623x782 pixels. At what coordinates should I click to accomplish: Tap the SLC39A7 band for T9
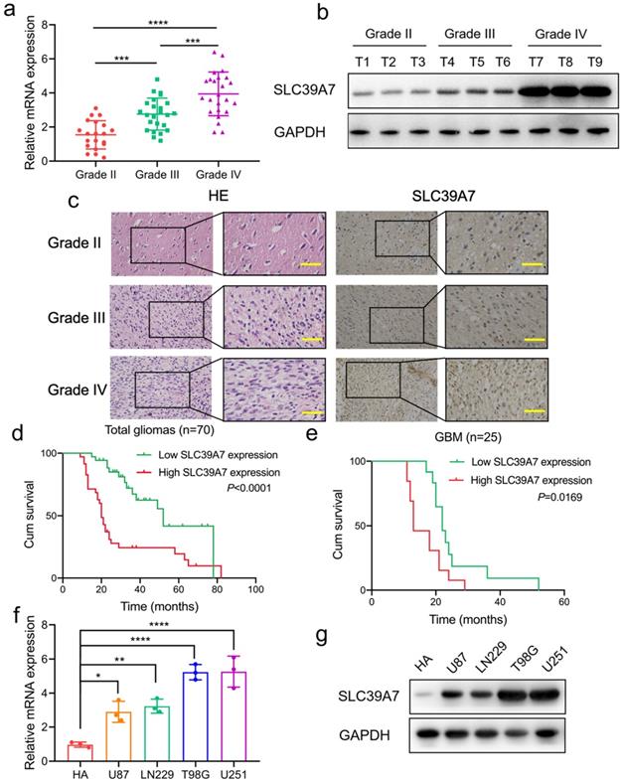[591, 92]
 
